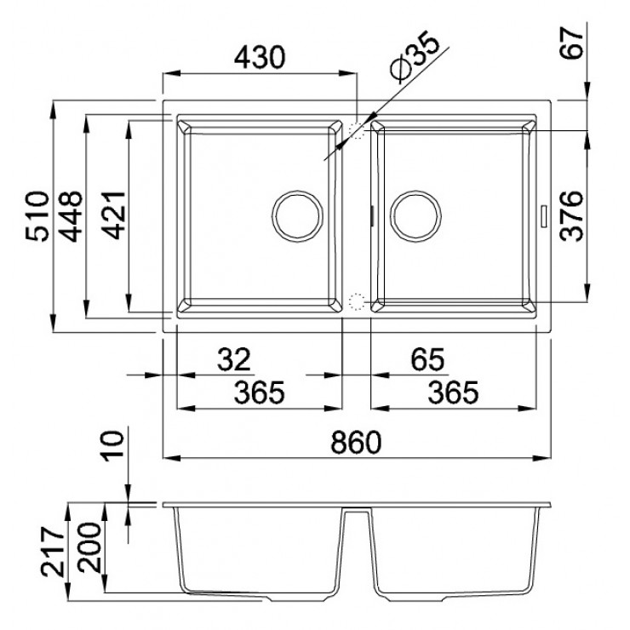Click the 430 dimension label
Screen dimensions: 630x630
(260, 57)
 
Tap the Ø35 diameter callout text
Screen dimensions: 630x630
(415, 57)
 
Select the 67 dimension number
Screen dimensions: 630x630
(572, 43)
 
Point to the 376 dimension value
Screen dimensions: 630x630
(571, 216)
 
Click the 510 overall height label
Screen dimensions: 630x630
(37, 216)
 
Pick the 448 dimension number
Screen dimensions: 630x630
(71, 216)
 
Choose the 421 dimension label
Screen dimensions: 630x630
(114, 215)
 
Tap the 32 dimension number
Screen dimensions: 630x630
(234, 359)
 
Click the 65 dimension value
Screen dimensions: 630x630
(427, 359)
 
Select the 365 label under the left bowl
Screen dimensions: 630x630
(260, 392)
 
